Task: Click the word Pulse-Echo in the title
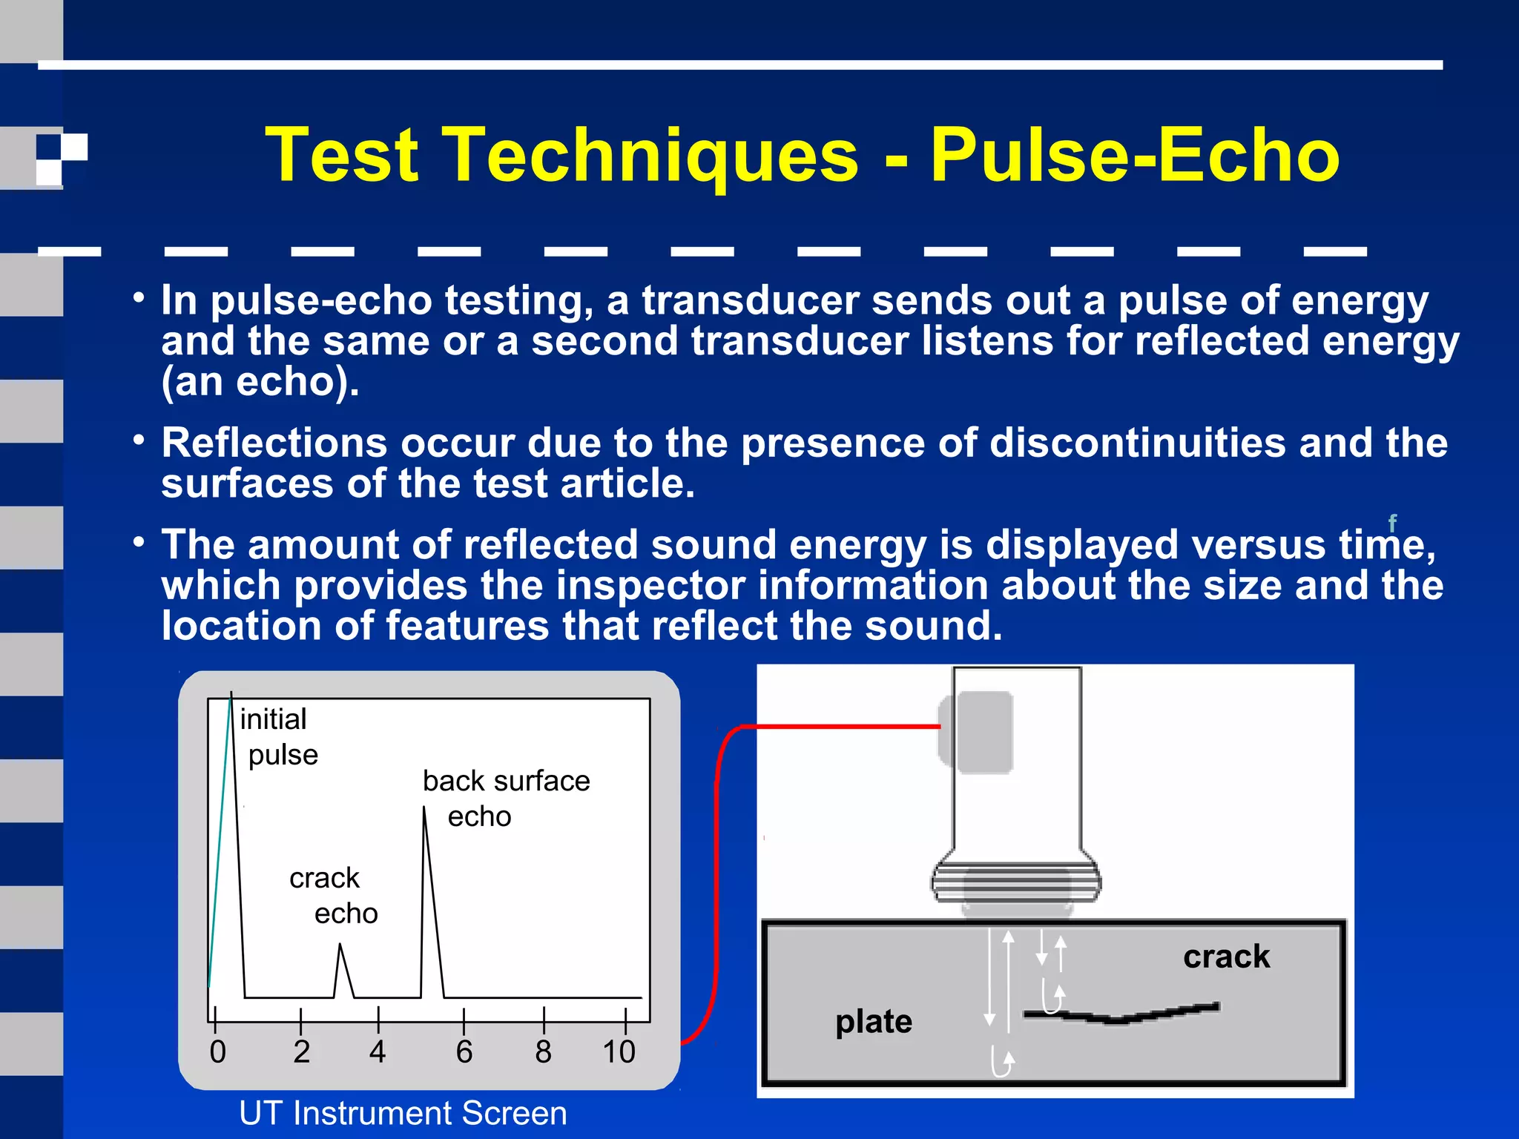(x=1135, y=156)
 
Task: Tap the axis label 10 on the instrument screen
(x=619, y=1051)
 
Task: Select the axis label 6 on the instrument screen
(x=464, y=1051)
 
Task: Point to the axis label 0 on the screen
(x=217, y=1051)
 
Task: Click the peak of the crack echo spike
(x=340, y=945)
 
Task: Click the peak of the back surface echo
(x=424, y=808)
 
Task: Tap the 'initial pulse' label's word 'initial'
(x=273, y=719)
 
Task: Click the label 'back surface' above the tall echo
(x=506, y=781)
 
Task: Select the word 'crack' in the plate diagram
(x=1226, y=957)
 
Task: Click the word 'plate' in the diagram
(x=874, y=1022)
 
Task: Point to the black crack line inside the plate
(x=1120, y=1017)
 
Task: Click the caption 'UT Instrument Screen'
(x=403, y=1113)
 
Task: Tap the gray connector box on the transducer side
(x=975, y=733)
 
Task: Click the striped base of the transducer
(x=1016, y=882)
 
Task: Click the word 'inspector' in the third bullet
(x=650, y=585)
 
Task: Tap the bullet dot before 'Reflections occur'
(x=139, y=440)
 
